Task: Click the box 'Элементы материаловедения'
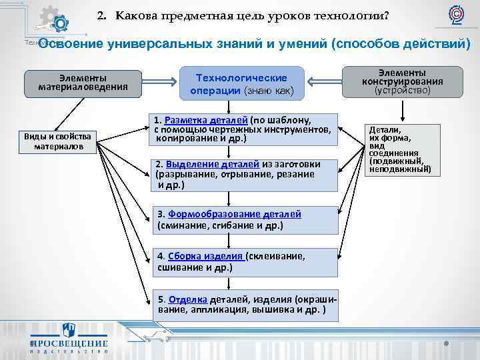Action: point(82,82)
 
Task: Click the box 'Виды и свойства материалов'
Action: point(58,141)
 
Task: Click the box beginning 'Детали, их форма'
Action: point(397,149)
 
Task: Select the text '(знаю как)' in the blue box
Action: point(269,91)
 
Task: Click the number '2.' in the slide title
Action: point(102,15)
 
